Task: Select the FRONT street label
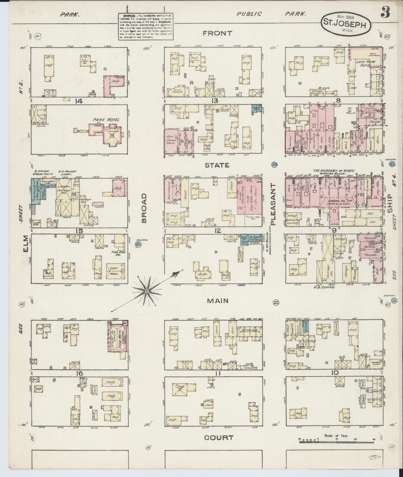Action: click(x=218, y=33)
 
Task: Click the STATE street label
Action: click(x=217, y=165)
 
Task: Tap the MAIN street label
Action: click(x=218, y=301)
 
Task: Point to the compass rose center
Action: click(x=146, y=291)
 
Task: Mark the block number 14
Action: click(x=79, y=102)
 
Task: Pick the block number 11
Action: click(x=218, y=374)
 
